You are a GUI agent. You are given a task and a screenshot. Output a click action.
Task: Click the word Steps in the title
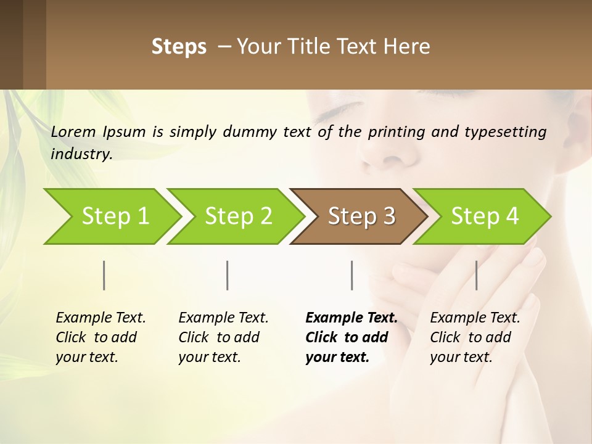click(x=179, y=47)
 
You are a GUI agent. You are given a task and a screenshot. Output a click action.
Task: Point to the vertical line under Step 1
click(x=104, y=275)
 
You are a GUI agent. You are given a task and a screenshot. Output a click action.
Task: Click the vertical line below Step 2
click(x=228, y=275)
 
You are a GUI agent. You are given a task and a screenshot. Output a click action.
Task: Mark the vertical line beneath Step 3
click(x=351, y=275)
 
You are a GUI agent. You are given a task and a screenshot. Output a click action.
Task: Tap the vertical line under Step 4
click(x=476, y=275)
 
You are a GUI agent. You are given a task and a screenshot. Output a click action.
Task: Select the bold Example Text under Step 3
click(x=351, y=337)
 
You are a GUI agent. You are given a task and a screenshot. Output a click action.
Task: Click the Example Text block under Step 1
click(x=101, y=337)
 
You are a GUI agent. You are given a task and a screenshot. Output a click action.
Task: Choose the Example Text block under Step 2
click(x=223, y=337)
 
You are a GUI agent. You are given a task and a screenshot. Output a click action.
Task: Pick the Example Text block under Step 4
click(x=475, y=337)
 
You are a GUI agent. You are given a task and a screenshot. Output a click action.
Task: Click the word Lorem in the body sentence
click(x=73, y=131)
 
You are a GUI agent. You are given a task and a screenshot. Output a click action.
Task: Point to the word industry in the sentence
click(x=81, y=154)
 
